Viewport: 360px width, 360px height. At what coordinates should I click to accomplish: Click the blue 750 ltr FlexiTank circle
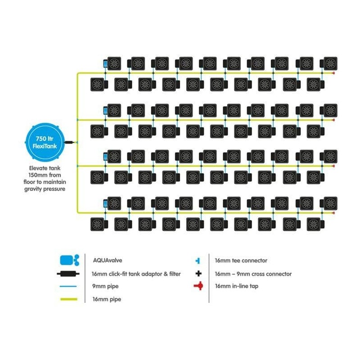click(x=46, y=142)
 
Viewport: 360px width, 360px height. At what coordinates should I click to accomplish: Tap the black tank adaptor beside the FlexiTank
click(x=70, y=142)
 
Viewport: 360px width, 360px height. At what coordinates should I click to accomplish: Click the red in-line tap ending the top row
click(x=333, y=72)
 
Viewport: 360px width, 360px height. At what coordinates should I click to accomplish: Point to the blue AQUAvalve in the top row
click(x=106, y=64)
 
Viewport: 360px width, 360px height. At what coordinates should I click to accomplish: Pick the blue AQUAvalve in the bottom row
click(x=106, y=204)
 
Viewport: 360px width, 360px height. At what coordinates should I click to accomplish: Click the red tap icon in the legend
click(x=198, y=286)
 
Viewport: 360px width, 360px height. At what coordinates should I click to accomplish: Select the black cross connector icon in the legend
click(x=198, y=273)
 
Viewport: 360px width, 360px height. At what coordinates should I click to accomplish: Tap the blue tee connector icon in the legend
click(x=198, y=261)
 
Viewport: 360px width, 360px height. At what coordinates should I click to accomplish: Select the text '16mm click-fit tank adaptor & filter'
click(x=136, y=273)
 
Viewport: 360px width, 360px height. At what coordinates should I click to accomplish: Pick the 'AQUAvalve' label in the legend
click(x=107, y=260)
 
